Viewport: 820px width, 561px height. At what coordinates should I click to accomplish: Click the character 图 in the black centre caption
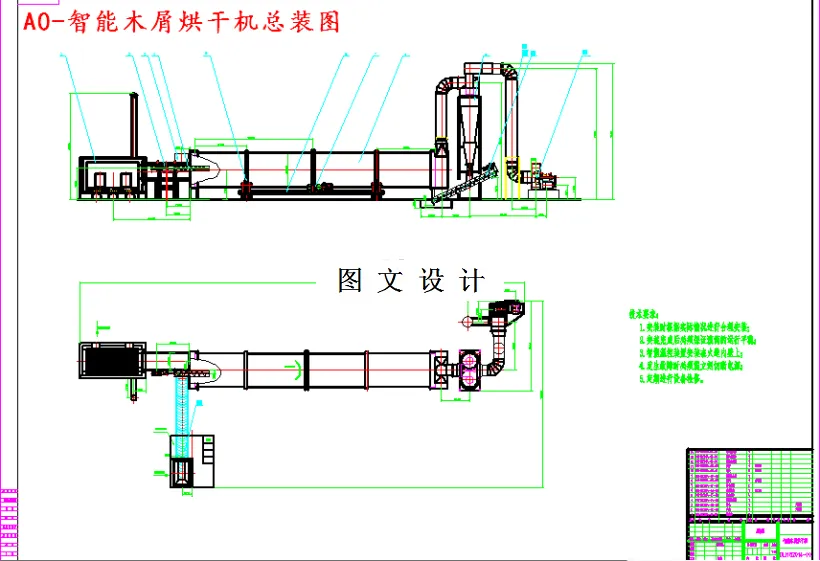tap(350, 281)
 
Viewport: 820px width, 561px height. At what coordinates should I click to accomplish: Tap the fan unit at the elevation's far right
tap(543, 176)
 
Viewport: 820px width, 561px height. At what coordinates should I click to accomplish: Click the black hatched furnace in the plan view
tap(111, 359)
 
